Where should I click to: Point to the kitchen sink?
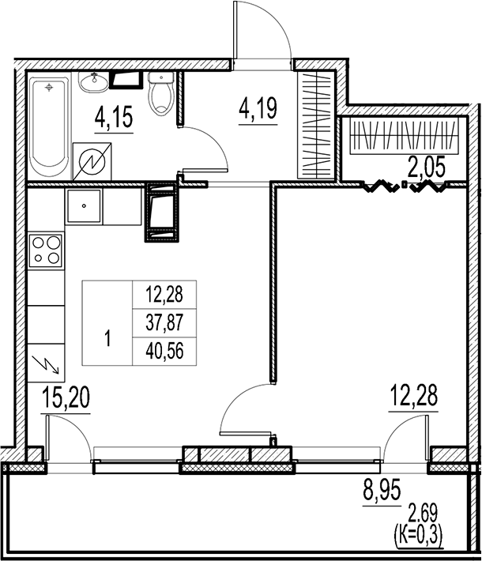click(82, 209)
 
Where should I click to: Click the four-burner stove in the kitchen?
click(47, 250)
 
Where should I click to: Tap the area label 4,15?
click(113, 119)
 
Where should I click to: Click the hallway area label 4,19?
click(258, 107)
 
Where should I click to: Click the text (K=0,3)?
click(419, 540)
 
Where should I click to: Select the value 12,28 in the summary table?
click(164, 296)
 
